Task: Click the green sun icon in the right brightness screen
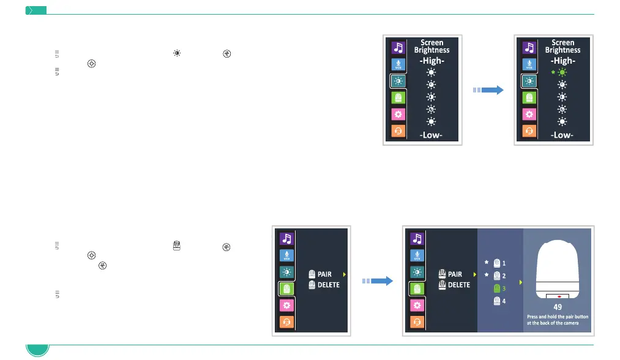[562, 72]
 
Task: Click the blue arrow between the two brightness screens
[488, 90]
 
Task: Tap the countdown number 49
[557, 307]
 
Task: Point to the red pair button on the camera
[557, 296]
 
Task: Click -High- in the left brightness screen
[431, 61]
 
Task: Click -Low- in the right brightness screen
[562, 135]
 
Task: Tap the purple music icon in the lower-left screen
[286, 238]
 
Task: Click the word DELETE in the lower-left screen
[329, 285]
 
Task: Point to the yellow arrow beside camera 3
[520, 282]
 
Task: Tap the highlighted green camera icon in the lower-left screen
[286, 288]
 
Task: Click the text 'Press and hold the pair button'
[557, 317]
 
